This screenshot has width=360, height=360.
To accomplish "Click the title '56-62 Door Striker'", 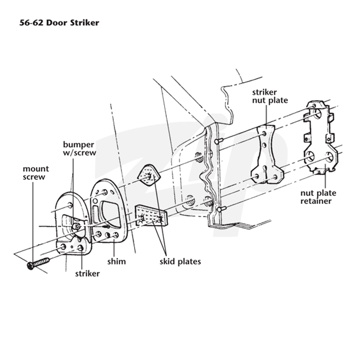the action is (59, 23).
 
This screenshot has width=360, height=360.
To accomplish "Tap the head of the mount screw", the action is (31, 265).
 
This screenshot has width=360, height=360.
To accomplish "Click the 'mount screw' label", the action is (36, 173).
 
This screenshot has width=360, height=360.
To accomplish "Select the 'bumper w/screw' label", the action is (80, 148).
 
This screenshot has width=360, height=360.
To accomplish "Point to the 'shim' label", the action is (117, 261).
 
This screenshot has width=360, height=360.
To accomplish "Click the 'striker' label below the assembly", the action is (87, 274).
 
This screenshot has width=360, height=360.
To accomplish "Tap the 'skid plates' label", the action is (180, 261).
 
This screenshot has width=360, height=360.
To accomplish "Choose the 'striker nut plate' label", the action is (270, 96).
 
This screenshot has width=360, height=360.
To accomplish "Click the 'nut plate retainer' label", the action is (318, 197).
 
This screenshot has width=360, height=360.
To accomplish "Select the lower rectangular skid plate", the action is (151, 216).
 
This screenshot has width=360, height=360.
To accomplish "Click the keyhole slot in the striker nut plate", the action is (266, 171).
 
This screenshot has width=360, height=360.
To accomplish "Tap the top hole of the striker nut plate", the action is (264, 133).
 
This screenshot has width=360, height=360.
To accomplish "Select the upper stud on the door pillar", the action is (219, 141).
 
